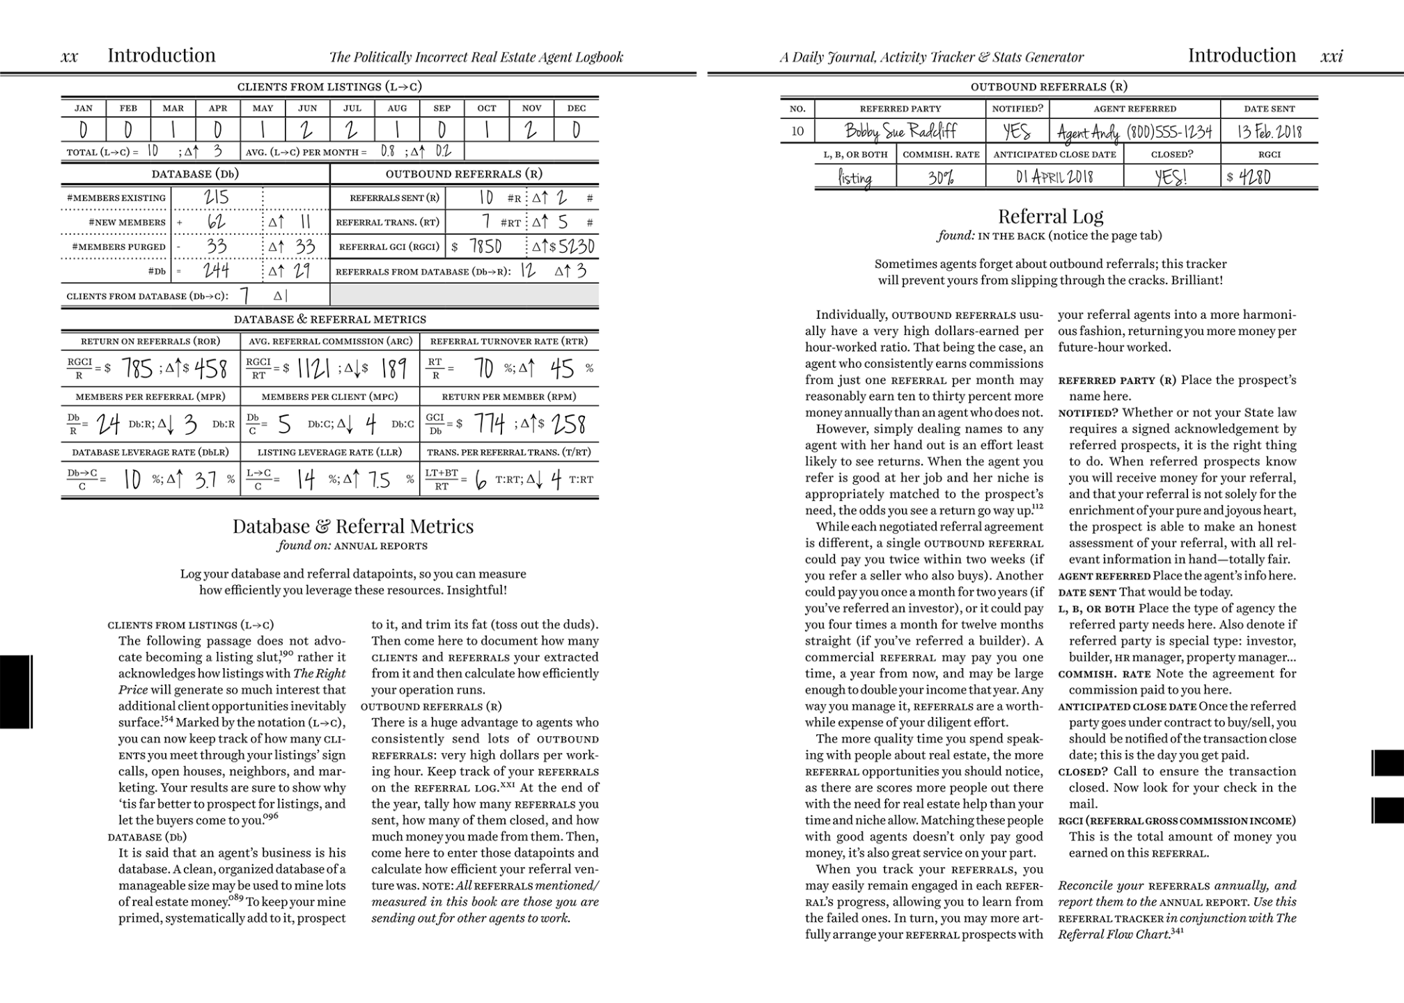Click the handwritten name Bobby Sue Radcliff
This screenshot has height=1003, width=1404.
900,131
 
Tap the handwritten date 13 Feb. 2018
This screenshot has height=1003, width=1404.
1269,131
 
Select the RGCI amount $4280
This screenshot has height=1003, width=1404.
1254,177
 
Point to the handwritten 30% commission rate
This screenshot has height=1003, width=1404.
940,177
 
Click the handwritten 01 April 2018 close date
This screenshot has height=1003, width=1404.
1054,177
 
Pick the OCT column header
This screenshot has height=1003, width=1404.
487,108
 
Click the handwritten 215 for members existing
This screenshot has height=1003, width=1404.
216,198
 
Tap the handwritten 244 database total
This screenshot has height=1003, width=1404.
216,270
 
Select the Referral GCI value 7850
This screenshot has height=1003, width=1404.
485,247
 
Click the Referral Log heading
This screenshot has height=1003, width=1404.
1050,216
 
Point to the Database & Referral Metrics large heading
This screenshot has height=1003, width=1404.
353,526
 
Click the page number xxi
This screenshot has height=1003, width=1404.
1332,56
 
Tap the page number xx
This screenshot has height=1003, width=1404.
70,56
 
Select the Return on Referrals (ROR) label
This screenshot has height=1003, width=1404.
150,341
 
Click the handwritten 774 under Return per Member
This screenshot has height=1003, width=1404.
490,423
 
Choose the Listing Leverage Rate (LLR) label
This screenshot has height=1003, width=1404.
329,452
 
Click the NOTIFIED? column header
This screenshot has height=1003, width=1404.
1017,109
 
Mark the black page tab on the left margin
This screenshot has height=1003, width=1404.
15,692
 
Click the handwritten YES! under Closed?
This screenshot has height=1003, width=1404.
1171,178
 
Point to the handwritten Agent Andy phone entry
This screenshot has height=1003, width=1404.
1134,132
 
